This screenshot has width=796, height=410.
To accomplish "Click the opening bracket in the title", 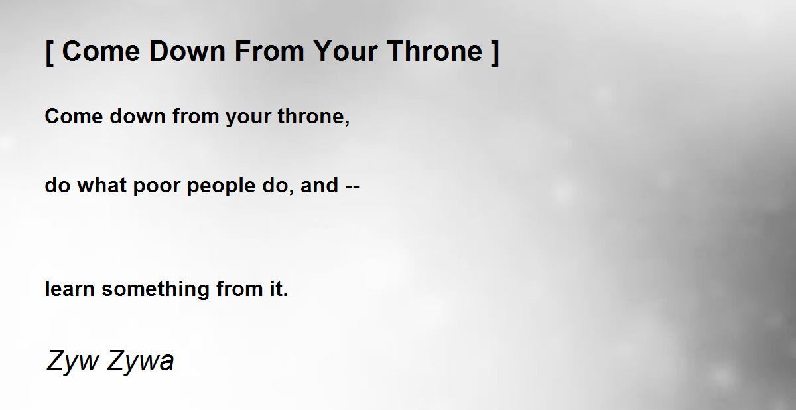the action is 50,52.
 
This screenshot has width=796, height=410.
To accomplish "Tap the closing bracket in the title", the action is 495,52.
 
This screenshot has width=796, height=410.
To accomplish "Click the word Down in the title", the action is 187,51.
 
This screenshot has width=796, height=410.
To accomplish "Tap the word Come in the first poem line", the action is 74,116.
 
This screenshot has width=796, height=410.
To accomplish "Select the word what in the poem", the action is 102,185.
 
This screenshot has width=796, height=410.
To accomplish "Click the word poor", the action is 157,188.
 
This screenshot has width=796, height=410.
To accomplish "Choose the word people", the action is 221,188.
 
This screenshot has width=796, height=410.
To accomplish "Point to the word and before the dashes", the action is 320,185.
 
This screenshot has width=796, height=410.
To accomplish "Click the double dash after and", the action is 352,186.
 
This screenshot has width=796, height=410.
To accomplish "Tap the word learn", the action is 70,289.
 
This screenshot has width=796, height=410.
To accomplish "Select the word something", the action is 155,291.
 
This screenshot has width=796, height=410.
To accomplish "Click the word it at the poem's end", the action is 277,289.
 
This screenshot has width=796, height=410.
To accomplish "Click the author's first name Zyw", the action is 72,362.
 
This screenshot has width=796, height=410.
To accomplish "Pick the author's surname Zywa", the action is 140,362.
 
